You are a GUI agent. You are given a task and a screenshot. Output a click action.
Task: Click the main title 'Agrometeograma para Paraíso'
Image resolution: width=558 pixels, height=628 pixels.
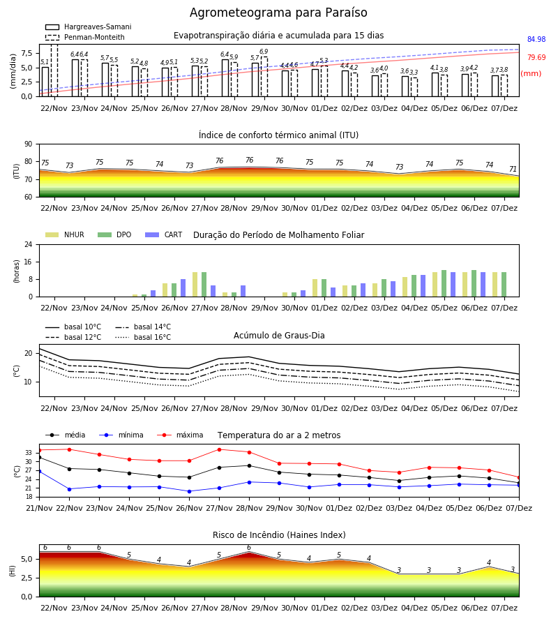tap(278, 13)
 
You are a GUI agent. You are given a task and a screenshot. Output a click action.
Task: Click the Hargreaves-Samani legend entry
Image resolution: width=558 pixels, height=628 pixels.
tap(88, 27)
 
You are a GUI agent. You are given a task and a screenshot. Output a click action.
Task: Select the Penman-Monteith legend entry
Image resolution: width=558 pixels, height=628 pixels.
tap(85, 37)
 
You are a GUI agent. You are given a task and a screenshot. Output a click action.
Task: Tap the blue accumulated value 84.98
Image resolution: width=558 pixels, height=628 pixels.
tap(536, 39)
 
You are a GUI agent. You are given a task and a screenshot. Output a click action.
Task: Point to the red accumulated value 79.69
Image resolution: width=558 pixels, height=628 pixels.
tap(536, 57)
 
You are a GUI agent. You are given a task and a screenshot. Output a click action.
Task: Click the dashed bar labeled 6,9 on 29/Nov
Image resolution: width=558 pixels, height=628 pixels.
tap(264, 77)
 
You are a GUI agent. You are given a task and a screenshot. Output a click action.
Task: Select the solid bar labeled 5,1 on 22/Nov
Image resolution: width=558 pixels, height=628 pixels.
tap(45, 82)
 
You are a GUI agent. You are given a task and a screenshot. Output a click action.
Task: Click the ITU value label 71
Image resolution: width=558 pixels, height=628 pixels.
tap(513, 169)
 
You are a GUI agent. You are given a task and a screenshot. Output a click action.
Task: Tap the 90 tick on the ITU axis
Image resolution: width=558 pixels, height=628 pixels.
tap(28, 144)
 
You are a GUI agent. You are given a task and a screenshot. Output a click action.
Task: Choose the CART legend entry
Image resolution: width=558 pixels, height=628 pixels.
tap(163, 234)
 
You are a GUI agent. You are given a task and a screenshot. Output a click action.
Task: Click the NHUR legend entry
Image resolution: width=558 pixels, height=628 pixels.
tap(64, 234)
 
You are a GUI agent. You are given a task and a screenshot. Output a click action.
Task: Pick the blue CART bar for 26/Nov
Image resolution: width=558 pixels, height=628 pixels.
tap(183, 288)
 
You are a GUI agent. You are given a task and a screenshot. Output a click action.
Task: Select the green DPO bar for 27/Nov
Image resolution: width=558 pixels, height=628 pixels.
tap(204, 285)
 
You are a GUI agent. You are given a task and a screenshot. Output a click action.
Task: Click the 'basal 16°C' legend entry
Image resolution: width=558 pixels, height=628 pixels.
tap(143, 337)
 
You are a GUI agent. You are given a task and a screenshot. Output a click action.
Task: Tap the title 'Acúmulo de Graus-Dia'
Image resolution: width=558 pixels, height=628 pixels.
tap(279, 335)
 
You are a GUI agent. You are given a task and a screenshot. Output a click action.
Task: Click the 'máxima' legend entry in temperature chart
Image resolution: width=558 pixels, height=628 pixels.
tap(180, 435)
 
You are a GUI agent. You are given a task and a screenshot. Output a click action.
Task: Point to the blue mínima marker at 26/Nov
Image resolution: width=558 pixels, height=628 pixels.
tap(189, 491)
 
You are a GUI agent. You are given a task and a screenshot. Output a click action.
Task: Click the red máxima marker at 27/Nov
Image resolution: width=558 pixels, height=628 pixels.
tap(219, 449)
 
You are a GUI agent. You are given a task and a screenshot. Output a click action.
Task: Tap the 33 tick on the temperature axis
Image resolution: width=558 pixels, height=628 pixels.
tap(28, 453)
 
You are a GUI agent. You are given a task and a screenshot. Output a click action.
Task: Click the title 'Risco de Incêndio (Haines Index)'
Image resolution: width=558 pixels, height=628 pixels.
tap(279, 535)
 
